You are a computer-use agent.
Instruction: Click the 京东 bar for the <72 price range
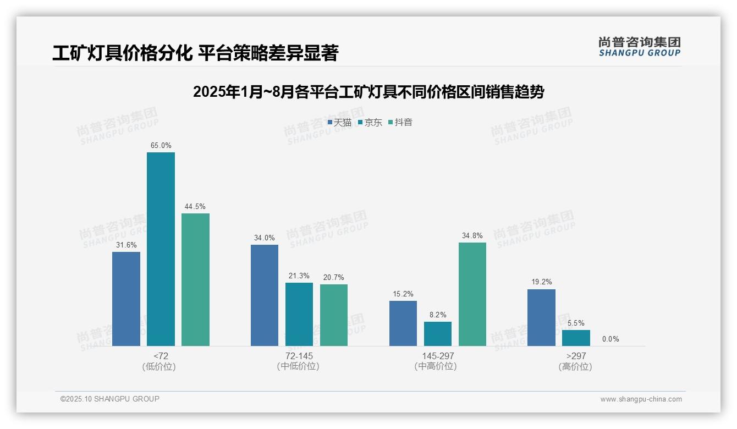pos(161,249)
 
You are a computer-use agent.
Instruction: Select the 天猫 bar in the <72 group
pos(126,299)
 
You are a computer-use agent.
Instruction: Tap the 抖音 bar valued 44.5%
pos(195,279)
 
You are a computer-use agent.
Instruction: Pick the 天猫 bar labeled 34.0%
pos(265,295)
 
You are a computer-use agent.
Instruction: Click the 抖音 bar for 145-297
pos(472,294)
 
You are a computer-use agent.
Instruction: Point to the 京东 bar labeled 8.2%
pos(438,334)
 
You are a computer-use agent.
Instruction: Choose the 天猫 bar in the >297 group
pos(541,317)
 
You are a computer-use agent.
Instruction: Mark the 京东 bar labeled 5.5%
pos(576,338)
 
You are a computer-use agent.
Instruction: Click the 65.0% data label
pos(161,146)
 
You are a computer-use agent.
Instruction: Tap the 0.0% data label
pos(610,339)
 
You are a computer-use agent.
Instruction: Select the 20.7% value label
pos(334,278)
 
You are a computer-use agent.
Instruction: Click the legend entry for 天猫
pos(339,123)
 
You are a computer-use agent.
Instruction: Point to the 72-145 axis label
pos(299,356)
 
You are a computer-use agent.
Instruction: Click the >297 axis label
pos(576,356)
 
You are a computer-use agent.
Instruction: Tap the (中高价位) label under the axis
pos(438,366)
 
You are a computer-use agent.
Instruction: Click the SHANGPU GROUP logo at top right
pos(639,47)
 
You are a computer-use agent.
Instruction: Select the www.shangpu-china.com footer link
pos(641,399)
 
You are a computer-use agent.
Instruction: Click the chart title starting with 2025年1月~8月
pos(369,92)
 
